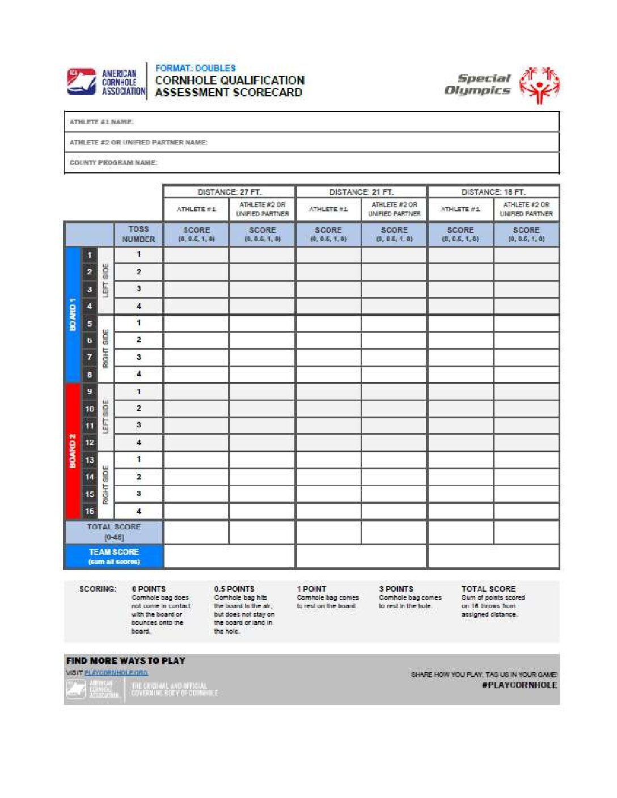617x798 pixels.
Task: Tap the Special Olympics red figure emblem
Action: [539, 85]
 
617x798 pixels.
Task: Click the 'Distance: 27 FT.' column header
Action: [229, 192]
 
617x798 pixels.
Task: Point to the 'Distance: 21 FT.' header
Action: [361, 192]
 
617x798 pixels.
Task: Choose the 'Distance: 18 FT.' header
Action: [493, 192]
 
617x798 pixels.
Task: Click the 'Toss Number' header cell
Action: [138, 234]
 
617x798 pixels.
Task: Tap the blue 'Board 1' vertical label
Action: [73, 315]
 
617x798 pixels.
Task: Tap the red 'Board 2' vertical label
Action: [73, 451]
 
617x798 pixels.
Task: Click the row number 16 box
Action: [90, 511]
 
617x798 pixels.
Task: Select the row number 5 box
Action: [90, 324]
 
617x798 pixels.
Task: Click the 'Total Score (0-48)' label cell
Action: [114, 532]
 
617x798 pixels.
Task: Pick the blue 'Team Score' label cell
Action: [114, 556]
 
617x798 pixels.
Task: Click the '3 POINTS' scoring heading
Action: [396, 589]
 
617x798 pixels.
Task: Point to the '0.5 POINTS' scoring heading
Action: [234, 589]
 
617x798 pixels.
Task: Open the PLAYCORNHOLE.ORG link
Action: [116, 673]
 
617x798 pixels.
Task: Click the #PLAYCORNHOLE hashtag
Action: [519, 685]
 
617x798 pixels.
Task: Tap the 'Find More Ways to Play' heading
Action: [126, 661]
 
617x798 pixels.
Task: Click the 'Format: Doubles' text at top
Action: [195, 68]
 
